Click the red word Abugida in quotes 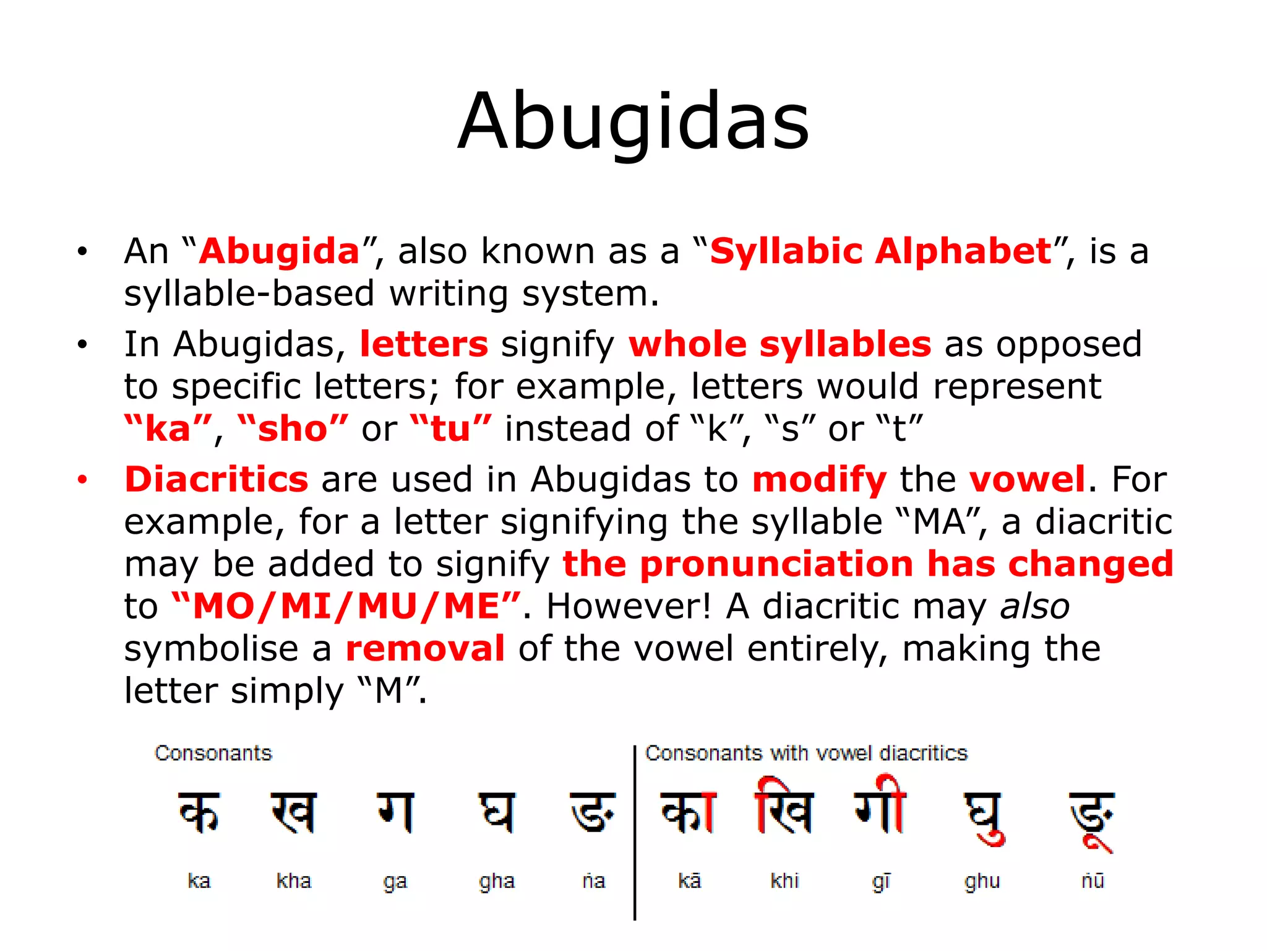(x=279, y=251)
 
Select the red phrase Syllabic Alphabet (x=880, y=251)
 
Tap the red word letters (x=424, y=344)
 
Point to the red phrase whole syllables (x=780, y=344)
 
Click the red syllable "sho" (x=293, y=428)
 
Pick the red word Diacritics (x=217, y=479)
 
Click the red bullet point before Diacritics (x=83, y=480)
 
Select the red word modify (x=819, y=480)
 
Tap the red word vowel (x=1027, y=479)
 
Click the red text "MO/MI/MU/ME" (x=346, y=606)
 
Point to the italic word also (x=1035, y=606)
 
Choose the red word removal (x=425, y=649)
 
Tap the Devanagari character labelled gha (x=496, y=812)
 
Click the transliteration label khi (x=784, y=880)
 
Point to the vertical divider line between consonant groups (x=635, y=833)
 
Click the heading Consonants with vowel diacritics (x=805, y=753)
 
